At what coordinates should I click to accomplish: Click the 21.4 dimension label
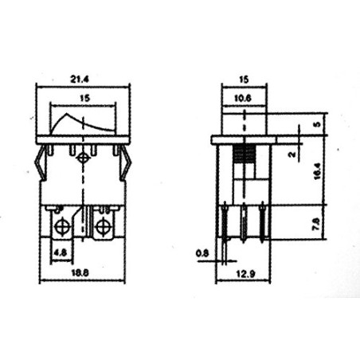80,79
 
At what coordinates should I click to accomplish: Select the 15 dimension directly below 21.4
85,98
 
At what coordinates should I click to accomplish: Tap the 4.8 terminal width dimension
61,252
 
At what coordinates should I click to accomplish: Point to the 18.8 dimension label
80,272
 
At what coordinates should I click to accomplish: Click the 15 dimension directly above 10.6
244,79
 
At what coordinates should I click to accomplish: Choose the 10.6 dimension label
243,98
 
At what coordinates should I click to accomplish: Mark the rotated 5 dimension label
317,124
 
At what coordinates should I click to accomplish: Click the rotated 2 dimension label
292,154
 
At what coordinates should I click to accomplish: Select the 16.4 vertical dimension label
318,171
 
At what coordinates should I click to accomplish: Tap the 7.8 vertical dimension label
317,224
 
